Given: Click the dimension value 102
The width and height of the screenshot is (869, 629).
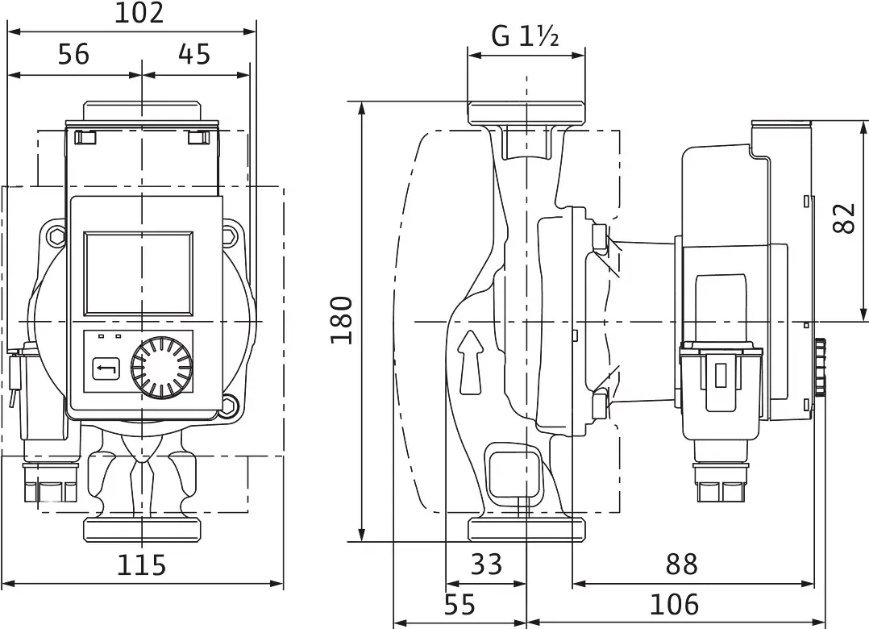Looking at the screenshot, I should pyautogui.click(x=139, y=14).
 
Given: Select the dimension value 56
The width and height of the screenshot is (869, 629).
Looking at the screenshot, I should pyautogui.click(x=73, y=55).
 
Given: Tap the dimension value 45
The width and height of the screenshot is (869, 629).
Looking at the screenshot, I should pyautogui.click(x=193, y=55).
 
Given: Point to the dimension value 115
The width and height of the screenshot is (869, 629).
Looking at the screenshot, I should pyautogui.click(x=142, y=564).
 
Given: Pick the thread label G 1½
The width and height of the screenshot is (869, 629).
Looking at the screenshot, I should pyautogui.click(x=526, y=36).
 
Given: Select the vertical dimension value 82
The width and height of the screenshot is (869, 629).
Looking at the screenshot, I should pyautogui.click(x=842, y=218).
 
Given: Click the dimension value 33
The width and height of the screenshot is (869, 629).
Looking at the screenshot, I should pyautogui.click(x=485, y=564).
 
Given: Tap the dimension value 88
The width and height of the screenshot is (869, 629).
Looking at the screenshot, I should pyautogui.click(x=681, y=564).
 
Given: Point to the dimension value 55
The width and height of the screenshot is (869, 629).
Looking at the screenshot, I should pyautogui.click(x=459, y=604).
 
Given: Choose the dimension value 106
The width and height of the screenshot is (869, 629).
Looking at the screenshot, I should pyautogui.click(x=674, y=604).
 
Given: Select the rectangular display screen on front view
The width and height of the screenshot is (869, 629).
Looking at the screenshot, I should pyautogui.click(x=139, y=273).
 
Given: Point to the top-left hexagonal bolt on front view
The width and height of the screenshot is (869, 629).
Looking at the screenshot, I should pyautogui.click(x=55, y=237).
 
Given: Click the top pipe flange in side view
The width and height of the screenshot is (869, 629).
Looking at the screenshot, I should pyautogui.click(x=526, y=112).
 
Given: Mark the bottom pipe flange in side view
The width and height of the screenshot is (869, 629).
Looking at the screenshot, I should pyautogui.click(x=526, y=529).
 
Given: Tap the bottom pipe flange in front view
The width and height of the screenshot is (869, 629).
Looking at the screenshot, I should pyautogui.click(x=142, y=529).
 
